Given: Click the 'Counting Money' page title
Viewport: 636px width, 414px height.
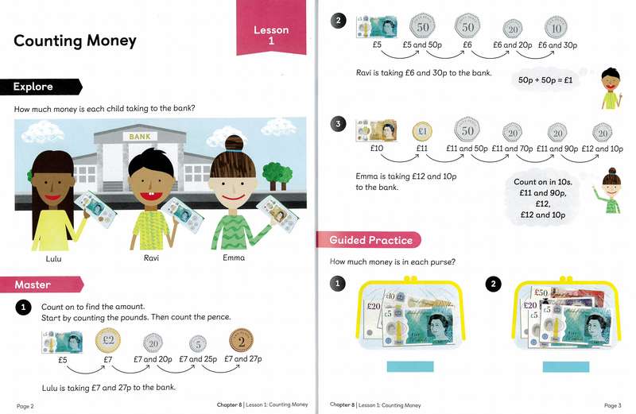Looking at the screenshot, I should click(76, 41).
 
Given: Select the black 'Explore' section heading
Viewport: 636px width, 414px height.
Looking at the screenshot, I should click(33, 87).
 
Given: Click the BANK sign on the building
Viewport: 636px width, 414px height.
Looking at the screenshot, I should click(139, 137).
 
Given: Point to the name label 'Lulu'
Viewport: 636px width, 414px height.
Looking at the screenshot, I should click(53, 258).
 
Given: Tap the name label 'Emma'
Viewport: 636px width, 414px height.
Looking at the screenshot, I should click(234, 258).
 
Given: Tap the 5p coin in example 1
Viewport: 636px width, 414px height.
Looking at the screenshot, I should click(197, 343).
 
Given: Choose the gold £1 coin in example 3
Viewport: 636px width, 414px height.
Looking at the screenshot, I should click(422, 131).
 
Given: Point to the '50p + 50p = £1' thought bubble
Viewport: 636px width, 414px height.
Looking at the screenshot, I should click(549, 81).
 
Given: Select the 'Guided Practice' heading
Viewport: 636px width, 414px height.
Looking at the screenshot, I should click(370, 239).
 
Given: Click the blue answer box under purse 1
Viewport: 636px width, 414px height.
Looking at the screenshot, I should click(409, 366).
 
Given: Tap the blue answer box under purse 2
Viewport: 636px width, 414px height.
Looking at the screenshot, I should click(566, 366).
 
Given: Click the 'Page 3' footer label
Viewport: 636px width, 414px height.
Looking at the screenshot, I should click(612, 405).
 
